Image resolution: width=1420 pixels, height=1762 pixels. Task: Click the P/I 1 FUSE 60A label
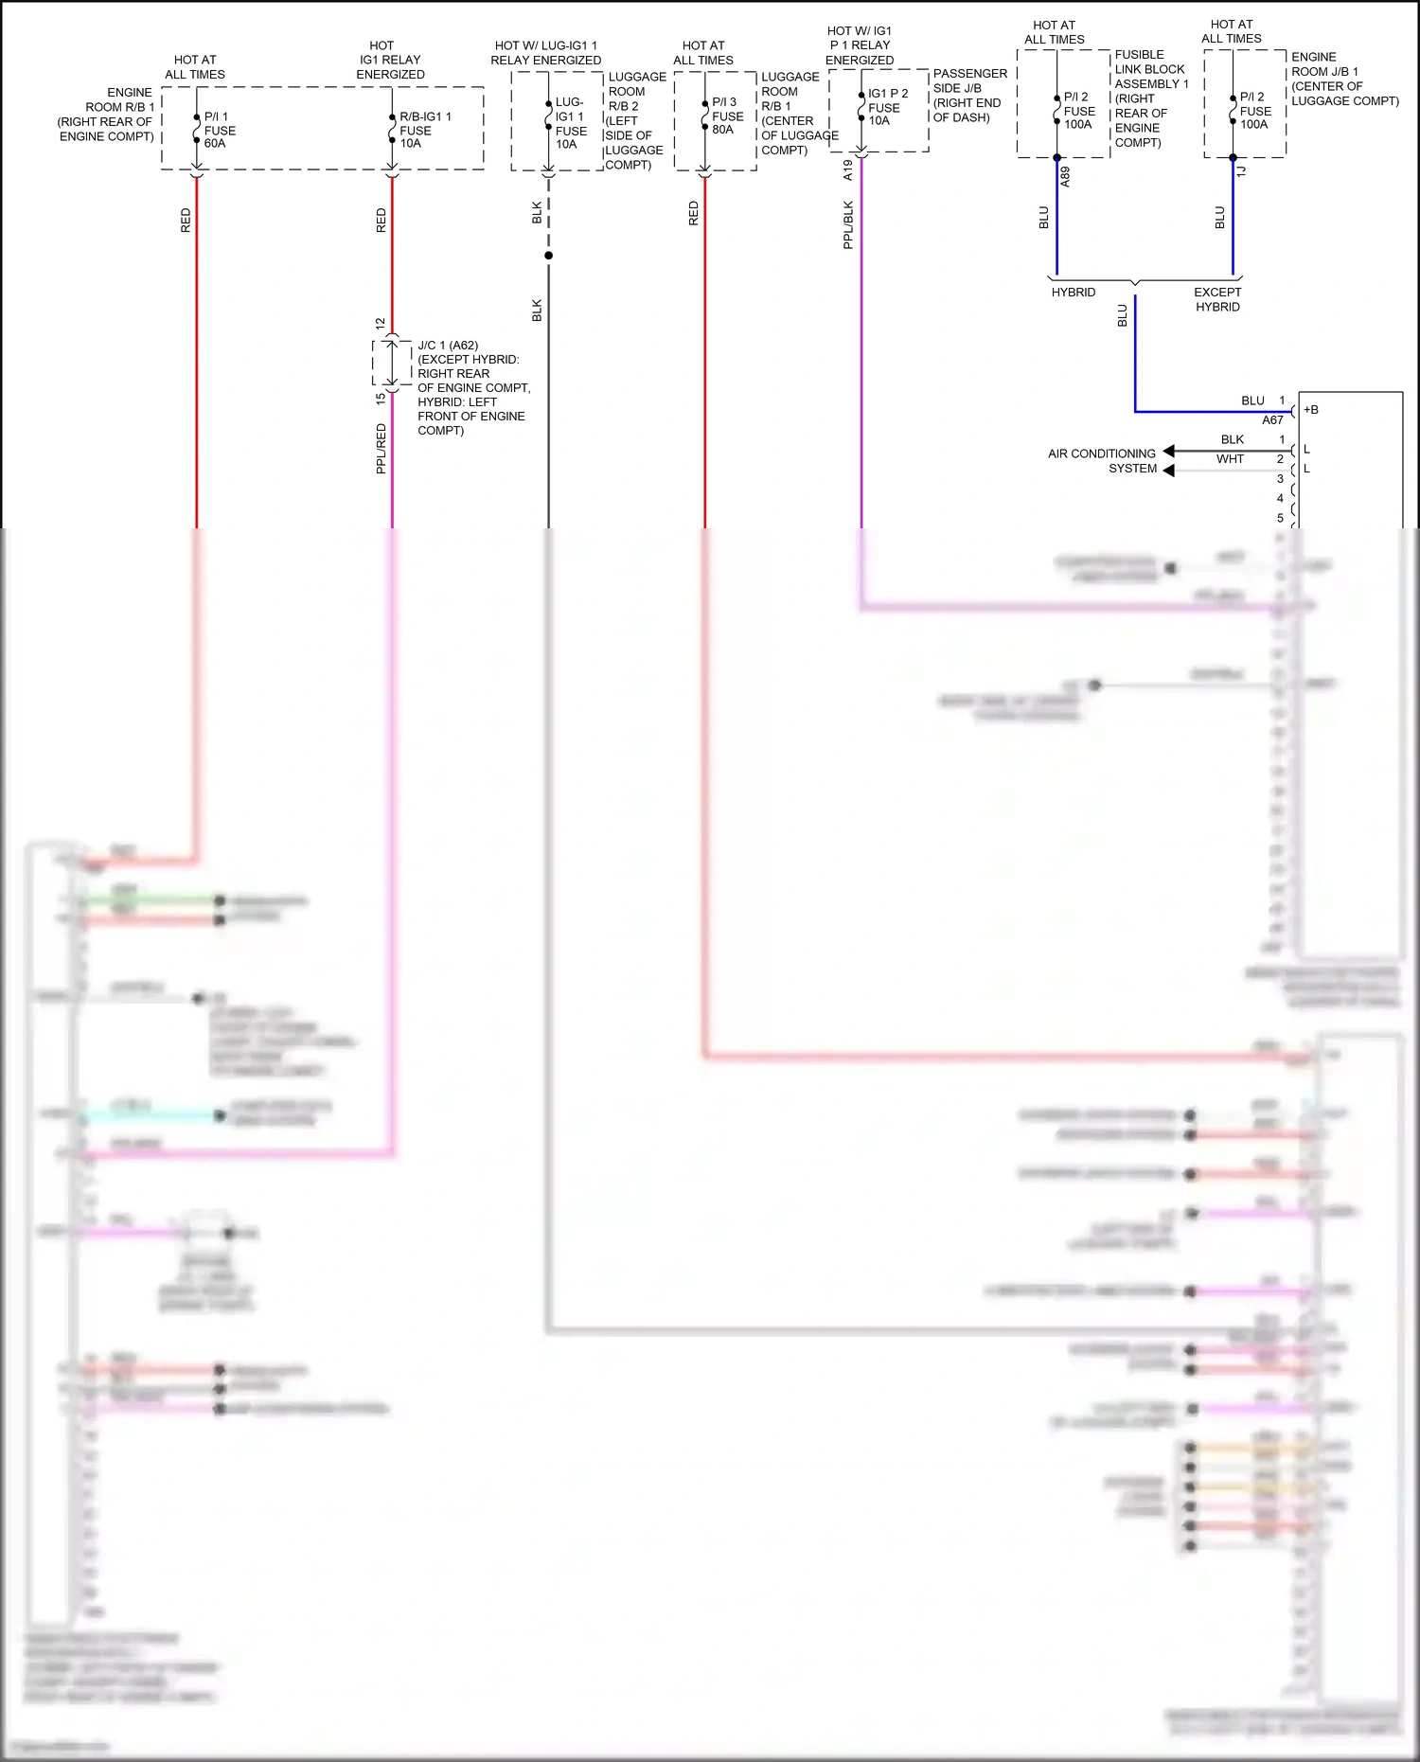point(219,131)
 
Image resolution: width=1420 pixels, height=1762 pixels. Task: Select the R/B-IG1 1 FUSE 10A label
point(423,131)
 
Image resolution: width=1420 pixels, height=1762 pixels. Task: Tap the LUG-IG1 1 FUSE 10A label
point(570,123)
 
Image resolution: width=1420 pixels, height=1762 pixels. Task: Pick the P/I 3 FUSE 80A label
point(727,116)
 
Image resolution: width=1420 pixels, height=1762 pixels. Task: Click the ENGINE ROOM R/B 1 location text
point(106,115)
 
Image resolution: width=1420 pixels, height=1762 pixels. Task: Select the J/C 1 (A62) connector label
point(448,346)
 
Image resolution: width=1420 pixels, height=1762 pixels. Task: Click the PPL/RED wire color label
point(381,448)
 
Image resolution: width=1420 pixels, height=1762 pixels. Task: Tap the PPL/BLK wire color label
point(848,224)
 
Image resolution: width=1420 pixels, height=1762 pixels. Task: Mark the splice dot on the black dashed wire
point(548,256)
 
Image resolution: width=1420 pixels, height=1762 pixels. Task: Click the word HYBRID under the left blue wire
point(1073,293)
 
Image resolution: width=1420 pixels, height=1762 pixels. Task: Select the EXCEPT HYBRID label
point(1216,299)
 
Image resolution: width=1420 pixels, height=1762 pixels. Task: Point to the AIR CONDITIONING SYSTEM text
point(1102,461)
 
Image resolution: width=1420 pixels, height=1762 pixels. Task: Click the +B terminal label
point(1311,410)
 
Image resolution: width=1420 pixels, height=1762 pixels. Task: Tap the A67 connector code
point(1272,420)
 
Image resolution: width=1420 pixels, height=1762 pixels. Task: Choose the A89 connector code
point(1065,176)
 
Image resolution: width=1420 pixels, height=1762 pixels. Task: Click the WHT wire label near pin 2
point(1230,459)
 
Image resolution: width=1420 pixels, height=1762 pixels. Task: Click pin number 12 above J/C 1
point(380,324)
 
